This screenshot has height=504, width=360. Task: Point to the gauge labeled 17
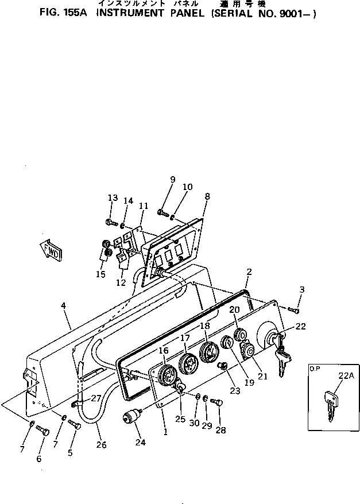[187, 364]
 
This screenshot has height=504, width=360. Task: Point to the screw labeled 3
[294, 310]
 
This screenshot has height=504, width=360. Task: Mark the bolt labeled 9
[162, 213]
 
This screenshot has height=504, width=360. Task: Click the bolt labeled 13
[111, 222]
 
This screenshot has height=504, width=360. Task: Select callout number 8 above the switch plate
[207, 196]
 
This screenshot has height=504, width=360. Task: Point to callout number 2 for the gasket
[249, 272]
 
